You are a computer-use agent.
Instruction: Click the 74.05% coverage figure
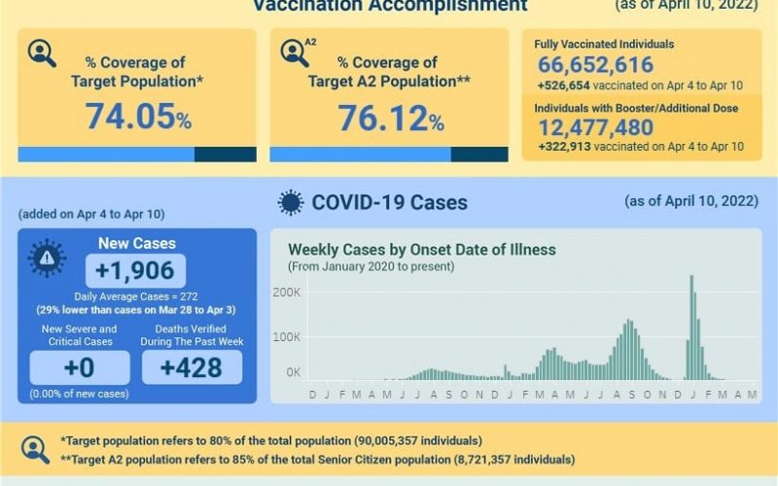138,118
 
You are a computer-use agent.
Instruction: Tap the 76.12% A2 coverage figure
390,119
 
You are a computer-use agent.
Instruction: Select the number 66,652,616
594,65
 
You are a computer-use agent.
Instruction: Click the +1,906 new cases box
136,271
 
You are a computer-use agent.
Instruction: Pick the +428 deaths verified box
192,367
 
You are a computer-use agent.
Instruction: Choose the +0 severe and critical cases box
79,367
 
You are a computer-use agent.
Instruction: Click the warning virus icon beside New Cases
47,258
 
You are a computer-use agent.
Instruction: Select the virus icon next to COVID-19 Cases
290,202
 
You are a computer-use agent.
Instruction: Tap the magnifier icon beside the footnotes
36,449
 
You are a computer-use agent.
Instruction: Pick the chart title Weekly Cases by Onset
421,250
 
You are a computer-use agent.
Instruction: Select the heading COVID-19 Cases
389,202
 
